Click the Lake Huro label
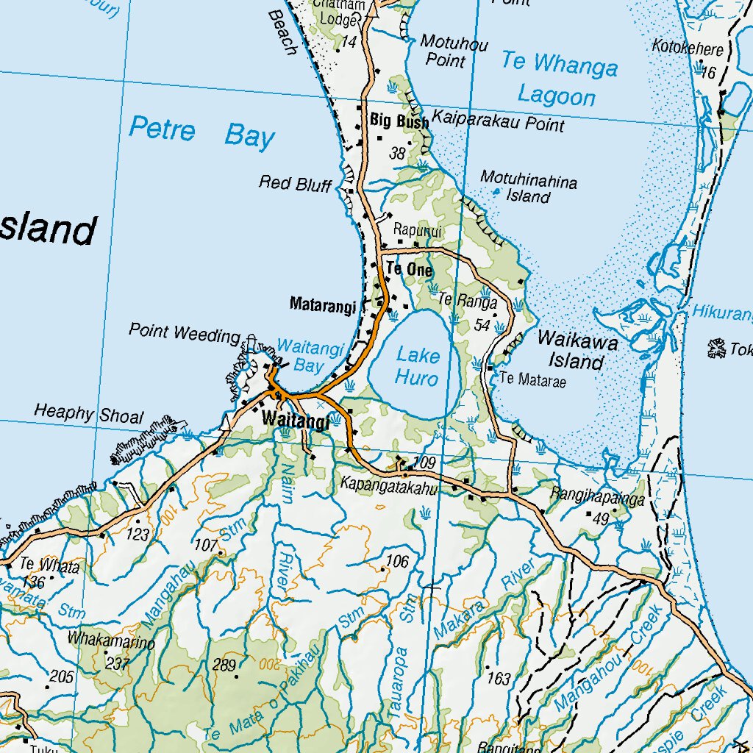coord(417,367)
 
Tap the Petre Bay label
coord(201,133)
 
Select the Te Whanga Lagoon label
coord(558,79)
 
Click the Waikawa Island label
coord(577,351)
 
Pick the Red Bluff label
coord(295,184)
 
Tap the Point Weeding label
coord(184,333)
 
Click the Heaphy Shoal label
coord(88,414)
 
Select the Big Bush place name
coord(399,121)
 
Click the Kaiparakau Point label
coord(498,121)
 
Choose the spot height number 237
coord(118,663)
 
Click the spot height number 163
coord(499,678)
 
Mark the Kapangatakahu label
coord(388,487)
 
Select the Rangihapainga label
coord(598,499)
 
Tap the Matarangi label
coord(323,304)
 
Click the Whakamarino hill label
coord(111,640)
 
